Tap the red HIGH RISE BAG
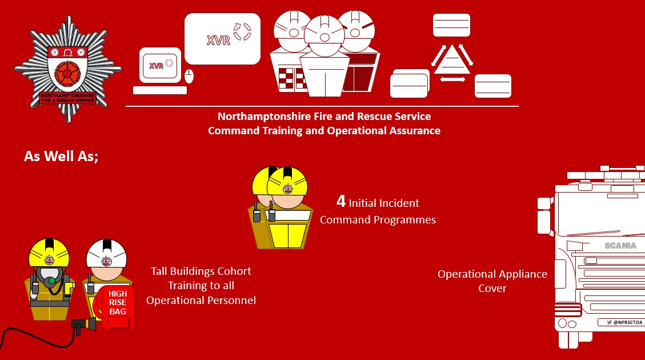(x=118, y=308)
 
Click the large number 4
(x=340, y=202)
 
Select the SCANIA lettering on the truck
(x=620, y=246)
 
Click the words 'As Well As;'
(x=61, y=156)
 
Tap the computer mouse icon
(x=189, y=75)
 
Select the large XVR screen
(x=222, y=39)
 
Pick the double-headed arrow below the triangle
(x=452, y=80)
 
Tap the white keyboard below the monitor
(x=159, y=90)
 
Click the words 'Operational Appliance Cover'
(x=492, y=281)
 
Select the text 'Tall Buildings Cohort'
(x=201, y=271)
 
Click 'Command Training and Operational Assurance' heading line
(x=324, y=131)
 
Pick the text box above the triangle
(x=451, y=25)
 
